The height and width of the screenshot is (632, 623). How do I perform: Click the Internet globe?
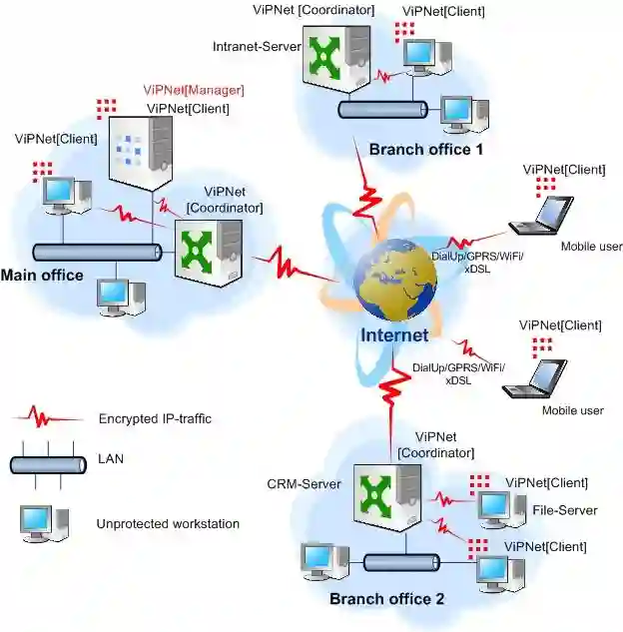(395, 281)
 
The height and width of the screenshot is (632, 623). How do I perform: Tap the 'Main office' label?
(42, 276)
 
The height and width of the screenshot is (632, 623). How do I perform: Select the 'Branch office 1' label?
(426, 150)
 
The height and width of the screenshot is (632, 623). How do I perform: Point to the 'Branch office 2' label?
(386, 599)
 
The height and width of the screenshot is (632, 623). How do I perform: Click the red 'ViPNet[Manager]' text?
(194, 90)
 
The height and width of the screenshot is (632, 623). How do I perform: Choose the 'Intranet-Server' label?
(257, 47)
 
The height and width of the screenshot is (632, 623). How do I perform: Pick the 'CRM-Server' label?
(304, 484)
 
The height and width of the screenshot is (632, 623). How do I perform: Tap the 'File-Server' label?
(565, 510)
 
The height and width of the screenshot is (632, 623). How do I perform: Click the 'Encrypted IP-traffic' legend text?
(155, 418)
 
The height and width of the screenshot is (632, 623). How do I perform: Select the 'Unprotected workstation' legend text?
(168, 524)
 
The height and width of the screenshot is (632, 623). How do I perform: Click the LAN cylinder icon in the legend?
(48, 465)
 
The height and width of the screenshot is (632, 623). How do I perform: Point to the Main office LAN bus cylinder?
(97, 253)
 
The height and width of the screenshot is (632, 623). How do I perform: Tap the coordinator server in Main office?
(209, 254)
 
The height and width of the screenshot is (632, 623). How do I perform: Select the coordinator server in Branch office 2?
(387, 498)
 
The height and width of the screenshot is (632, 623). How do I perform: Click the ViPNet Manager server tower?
(140, 154)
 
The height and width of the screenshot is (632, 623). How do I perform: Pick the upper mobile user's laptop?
(541, 216)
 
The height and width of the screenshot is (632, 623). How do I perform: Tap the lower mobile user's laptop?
(535, 378)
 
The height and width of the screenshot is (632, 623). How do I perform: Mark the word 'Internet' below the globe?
(394, 335)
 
